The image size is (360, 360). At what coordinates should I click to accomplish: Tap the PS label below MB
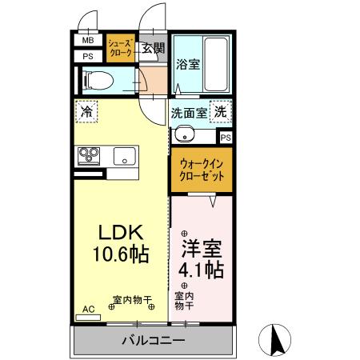(x=87, y=56)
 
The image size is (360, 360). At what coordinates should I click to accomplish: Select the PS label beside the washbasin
(x=226, y=138)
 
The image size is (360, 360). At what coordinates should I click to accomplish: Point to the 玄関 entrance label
(x=153, y=47)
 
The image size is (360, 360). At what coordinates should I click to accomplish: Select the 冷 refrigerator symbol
(x=88, y=111)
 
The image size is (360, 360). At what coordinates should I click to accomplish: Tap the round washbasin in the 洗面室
(x=184, y=134)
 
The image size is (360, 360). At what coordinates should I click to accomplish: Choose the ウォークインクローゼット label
(x=202, y=170)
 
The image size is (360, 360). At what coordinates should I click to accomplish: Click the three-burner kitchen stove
(x=88, y=155)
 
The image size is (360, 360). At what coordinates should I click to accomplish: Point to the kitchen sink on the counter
(x=126, y=155)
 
